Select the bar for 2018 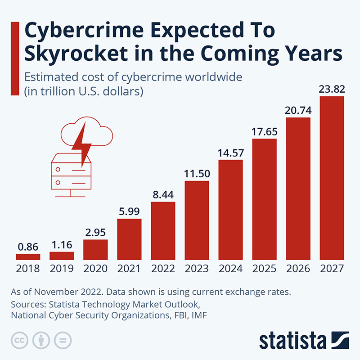(x=28, y=257)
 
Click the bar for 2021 (x=129, y=239)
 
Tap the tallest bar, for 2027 (x=332, y=178)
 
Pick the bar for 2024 (x=230, y=210)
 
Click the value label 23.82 (x=332, y=89)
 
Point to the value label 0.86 (x=28, y=247)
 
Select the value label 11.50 (x=197, y=173)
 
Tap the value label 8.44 (x=163, y=195)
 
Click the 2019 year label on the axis (x=62, y=269)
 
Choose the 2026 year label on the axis (x=298, y=269)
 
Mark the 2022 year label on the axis (x=163, y=269)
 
